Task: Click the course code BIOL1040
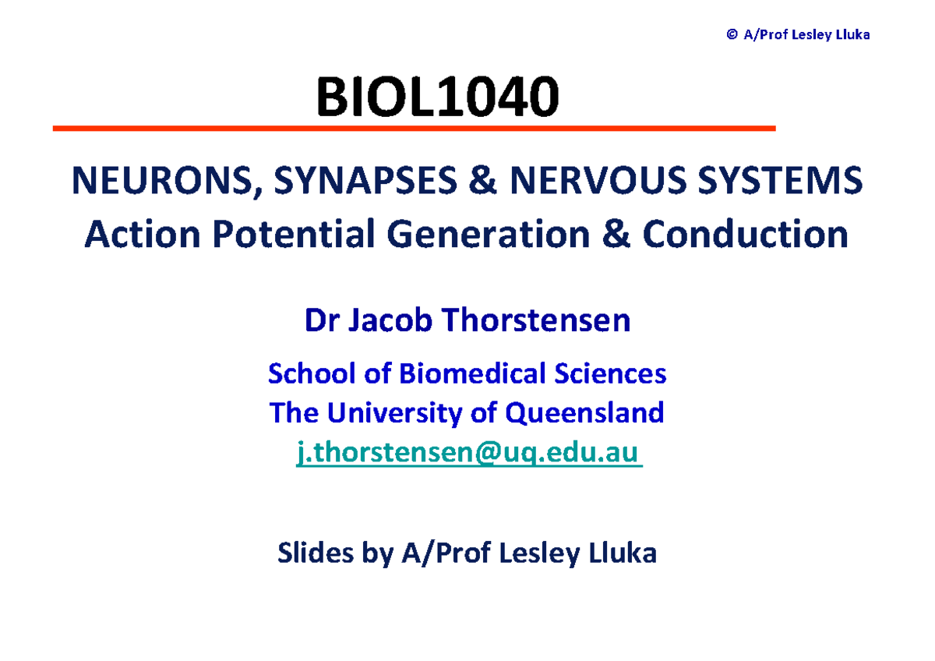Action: pos(436,98)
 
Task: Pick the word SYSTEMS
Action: pos(784,182)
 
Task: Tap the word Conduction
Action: pos(745,234)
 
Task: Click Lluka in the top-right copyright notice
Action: pos(852,34)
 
